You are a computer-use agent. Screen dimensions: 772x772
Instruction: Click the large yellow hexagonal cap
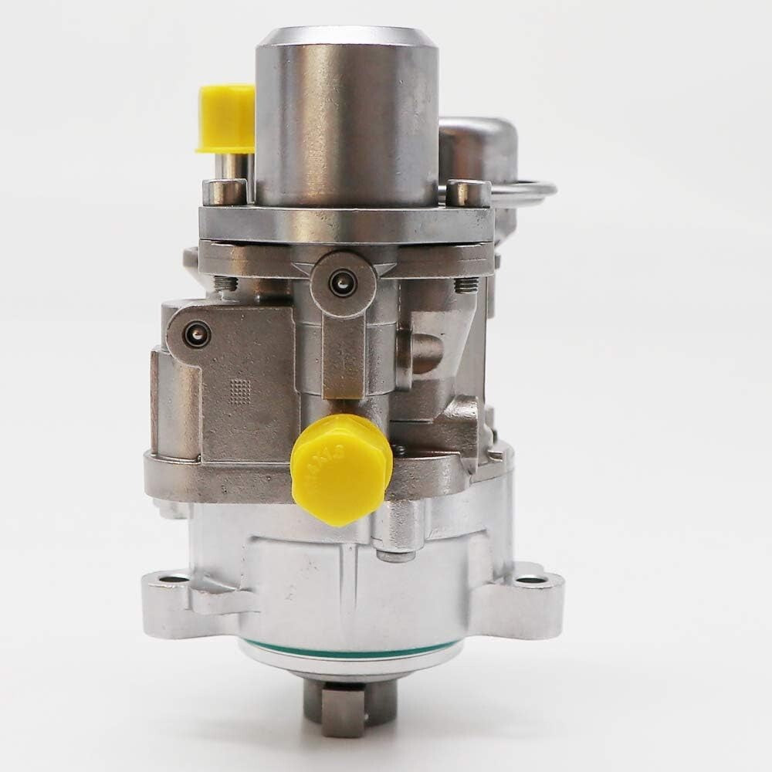340,468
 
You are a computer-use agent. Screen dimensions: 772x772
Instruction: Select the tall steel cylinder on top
347,116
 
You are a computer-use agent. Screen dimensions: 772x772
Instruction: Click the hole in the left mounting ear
177,577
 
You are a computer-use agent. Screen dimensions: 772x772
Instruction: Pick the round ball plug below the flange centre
340,283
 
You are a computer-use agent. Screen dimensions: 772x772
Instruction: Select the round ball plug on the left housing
196,334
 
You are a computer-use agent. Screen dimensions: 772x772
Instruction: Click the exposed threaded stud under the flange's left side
226,284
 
